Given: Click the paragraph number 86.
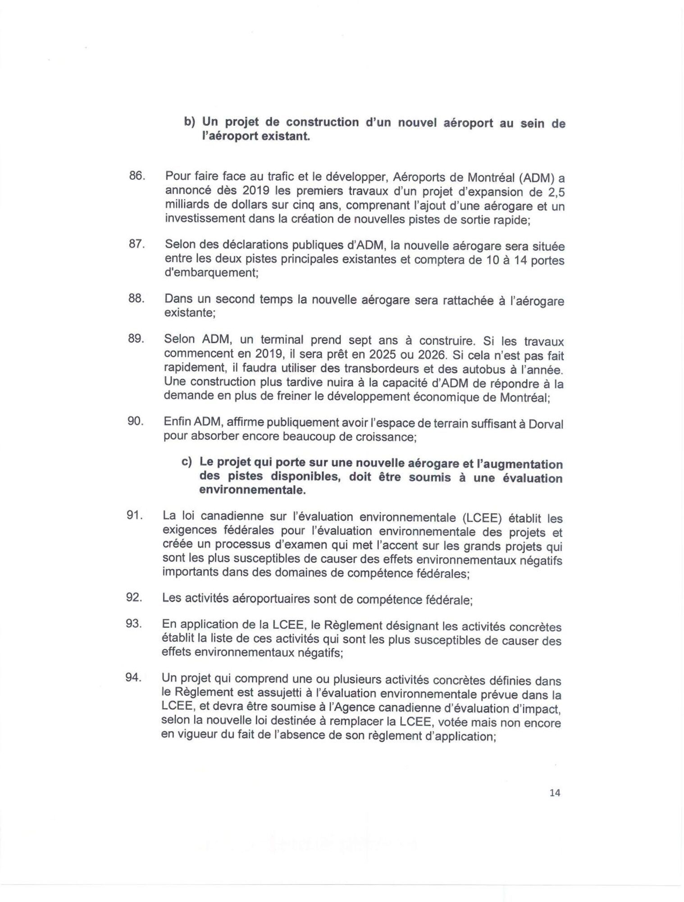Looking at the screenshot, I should pyautogui.click(x=136, y=176).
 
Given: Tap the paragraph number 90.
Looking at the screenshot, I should pyautogui.click(x=136, y=422).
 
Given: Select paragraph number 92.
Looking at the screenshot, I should pyautogui.click(x=134, y=598).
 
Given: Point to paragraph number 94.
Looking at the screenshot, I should pyautogui.click(x=134, y=677).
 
